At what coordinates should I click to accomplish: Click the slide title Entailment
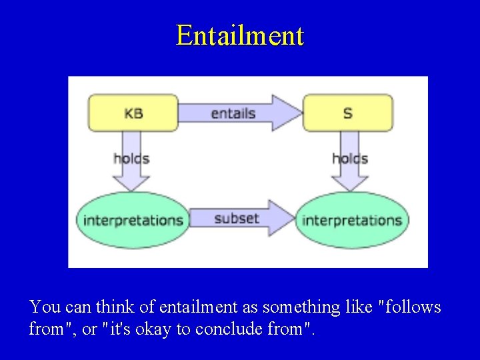tap(240, 35)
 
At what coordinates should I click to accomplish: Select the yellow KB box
tap(133, 113)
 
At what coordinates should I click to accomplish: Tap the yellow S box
tap(348, 113)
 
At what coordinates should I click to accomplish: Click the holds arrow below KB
tap(131, 160)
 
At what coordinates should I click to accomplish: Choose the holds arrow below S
tap(350, 160)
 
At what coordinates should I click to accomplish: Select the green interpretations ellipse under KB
tap(133, 220)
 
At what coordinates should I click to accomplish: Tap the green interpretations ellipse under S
tap(352, 220)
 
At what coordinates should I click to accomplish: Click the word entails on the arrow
tap(233, 113)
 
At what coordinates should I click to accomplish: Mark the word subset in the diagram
tap(237, 218)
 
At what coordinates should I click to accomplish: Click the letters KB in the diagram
tap(133, 113)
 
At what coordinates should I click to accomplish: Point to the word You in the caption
tap(45, 307)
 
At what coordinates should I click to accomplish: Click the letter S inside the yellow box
tap(348, 113)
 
